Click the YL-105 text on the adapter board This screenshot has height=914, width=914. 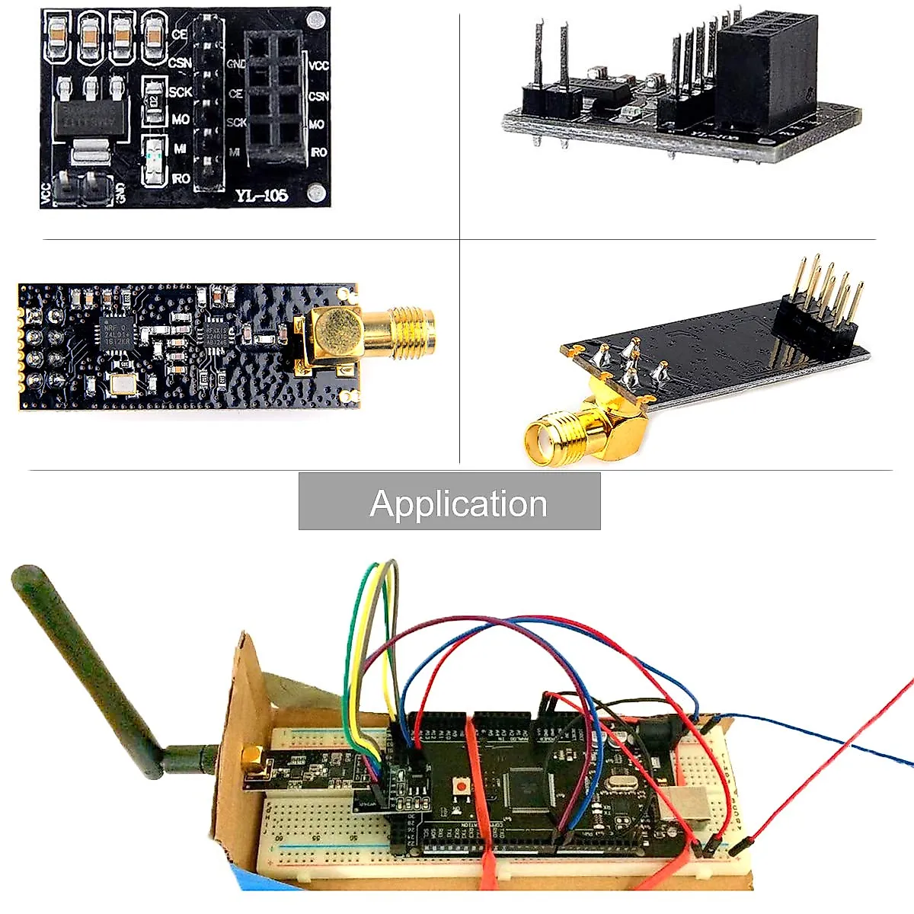[x=261, y=195]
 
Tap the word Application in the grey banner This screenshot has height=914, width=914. [x=458, y=503]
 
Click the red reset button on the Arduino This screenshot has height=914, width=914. [x=461, y=785]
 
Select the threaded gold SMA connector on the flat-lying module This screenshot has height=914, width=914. [x=411, y=327]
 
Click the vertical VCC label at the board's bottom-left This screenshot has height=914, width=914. [x=46, y=193]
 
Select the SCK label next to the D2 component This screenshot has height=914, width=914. [x=181, y=91]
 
